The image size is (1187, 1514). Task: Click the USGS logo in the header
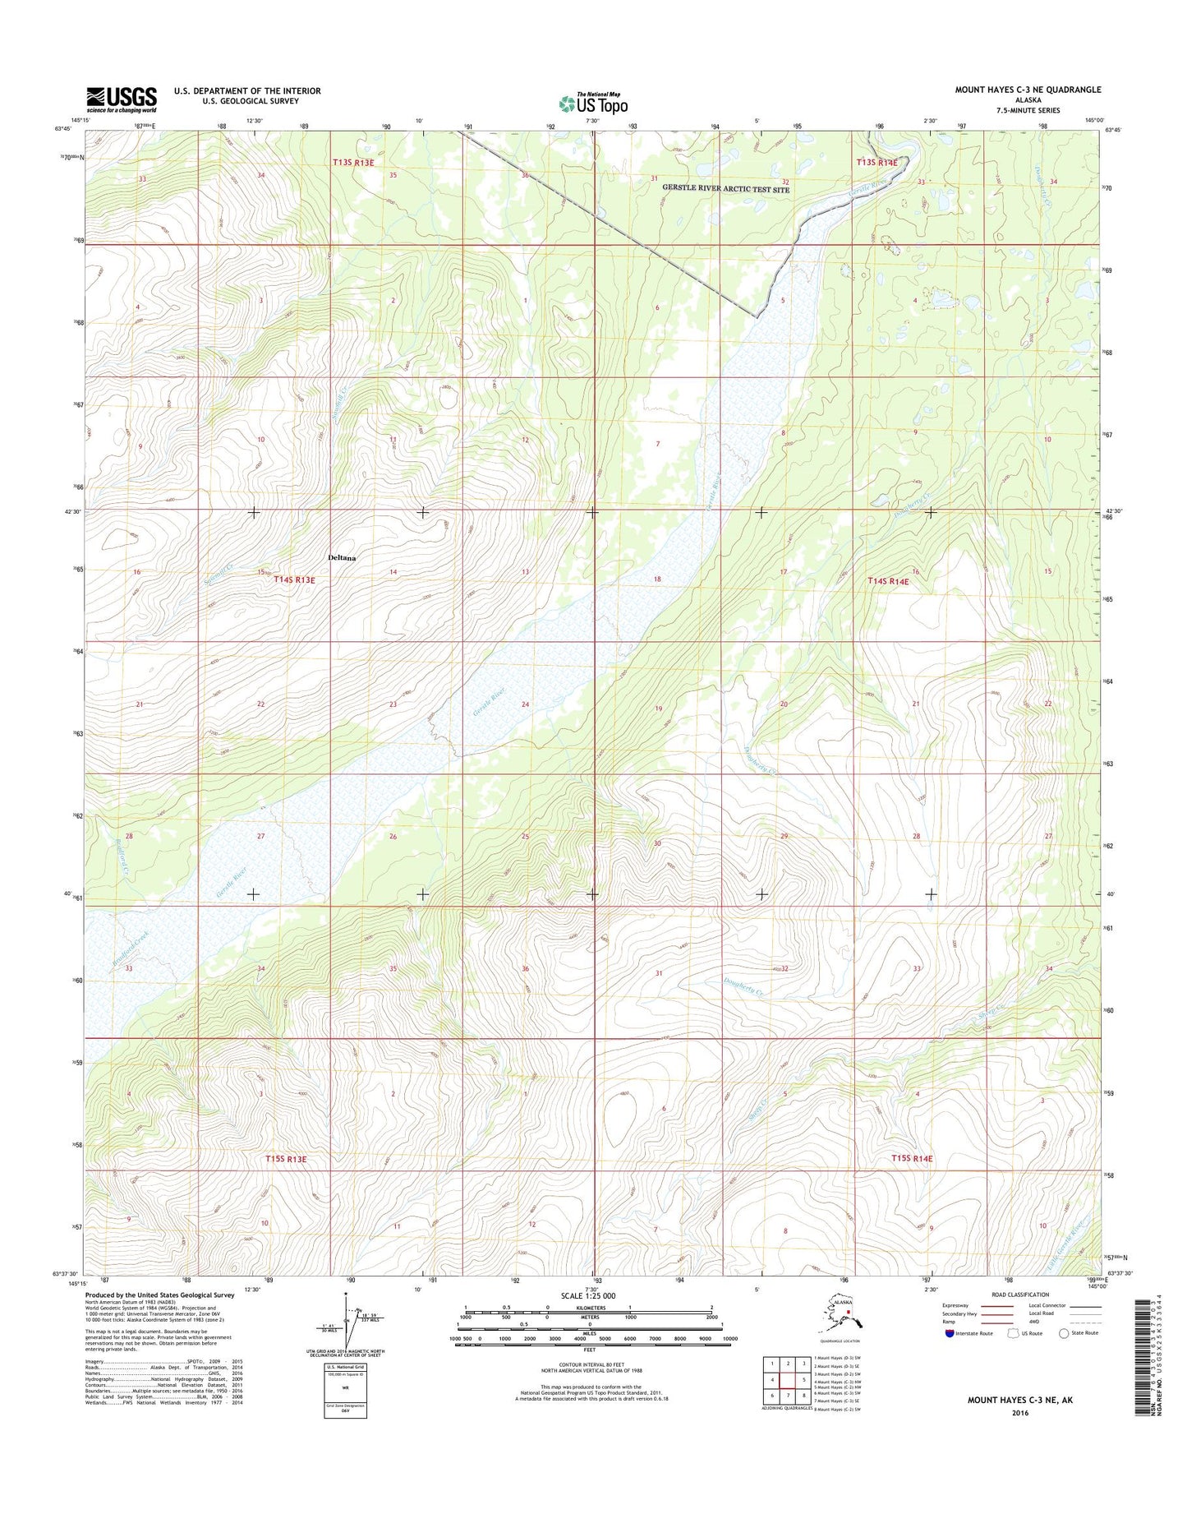tap(122, 99)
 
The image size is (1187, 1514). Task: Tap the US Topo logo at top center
tap(593, 103)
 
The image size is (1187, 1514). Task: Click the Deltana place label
tap(342, 557)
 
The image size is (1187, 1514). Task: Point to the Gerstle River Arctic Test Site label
tap(725, 189)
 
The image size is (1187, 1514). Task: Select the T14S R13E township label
tap(294, 579)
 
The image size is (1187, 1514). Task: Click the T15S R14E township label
tap(912, 1158)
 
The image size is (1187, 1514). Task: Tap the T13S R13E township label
tap(353, 163)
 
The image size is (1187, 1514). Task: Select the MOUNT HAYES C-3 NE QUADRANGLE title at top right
tap(1028, 90)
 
